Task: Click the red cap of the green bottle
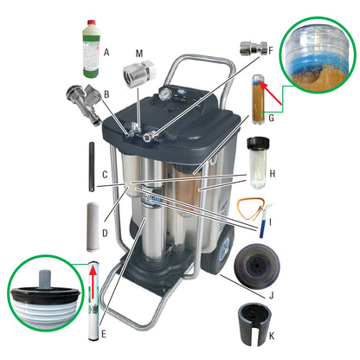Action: point(91,22)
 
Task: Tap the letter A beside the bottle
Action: point(106,53)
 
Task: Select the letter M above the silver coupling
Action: point(139,53)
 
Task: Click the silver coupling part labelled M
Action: point(139,73)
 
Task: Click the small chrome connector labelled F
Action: point(253,48)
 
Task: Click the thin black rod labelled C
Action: point(91,167)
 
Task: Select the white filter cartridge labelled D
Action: point(93,227)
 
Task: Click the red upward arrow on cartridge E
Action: point(93,283)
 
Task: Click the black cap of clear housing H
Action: point(258,142)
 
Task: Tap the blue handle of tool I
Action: point(262,228)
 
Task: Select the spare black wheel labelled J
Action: point(257,266)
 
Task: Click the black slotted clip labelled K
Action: point(254,324)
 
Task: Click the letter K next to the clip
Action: point(272,336)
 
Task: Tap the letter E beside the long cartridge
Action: point(104,334)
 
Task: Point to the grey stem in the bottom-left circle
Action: point(45,279)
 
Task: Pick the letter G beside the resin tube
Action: point(271,118)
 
